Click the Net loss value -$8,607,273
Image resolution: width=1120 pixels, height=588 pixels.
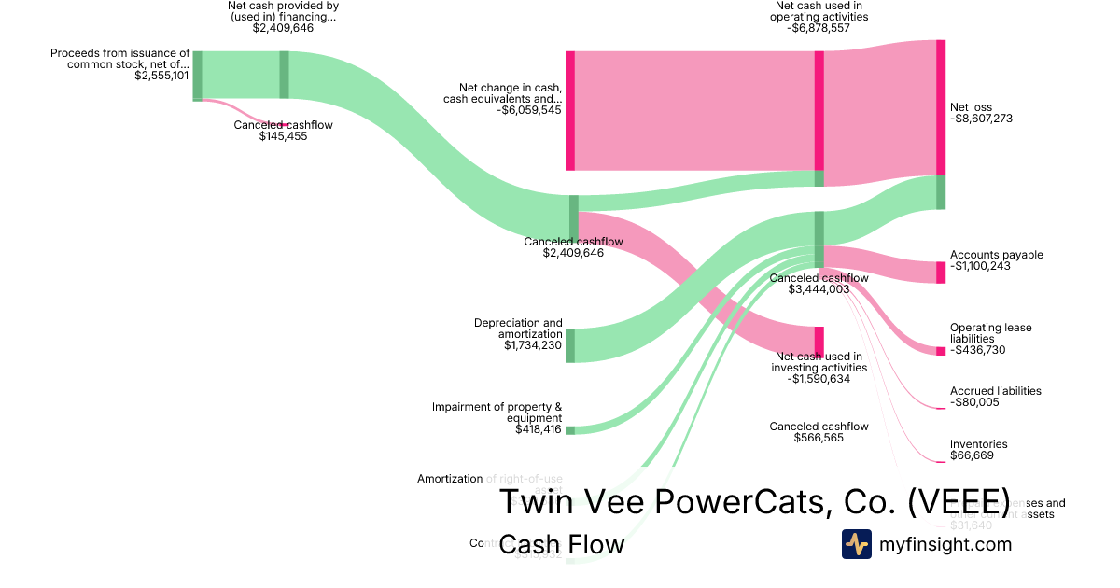pyautogui.click(x=981, y=119)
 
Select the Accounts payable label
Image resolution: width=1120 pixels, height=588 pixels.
pyautogui.click(x=996, y=255)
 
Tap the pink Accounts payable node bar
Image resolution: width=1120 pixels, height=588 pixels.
pyautogui.click(x=941, y=273)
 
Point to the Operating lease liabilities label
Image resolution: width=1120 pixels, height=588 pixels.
pyautogui.click(x=990, y=333)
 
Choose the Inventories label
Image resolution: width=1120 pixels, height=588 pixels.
pyautogui.click(x=978, y=444)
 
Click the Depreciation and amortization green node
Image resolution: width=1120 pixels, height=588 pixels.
pyautogui.click(x=570, y=345)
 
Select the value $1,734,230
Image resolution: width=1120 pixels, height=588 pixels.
pyautogui.click(x=533, y=345)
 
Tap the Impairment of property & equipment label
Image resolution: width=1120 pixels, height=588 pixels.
pyautogui.click(x=497, y=413)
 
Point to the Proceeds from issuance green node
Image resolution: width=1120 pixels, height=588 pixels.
pyautogui.click(x=197, y=76)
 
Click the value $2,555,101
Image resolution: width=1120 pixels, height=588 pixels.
pyautogui.click(x=161, y=76)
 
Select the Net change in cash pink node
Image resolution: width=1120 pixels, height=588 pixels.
pyautogui.click(x=570, y=110)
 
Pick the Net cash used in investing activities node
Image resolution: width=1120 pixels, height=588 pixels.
pyautogui.click(x=819, y=341)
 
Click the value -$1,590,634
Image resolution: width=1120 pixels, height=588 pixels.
pyautogui.click(x=819, y=379)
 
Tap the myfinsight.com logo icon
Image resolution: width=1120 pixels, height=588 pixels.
pyautogui.click(x=856, y=544)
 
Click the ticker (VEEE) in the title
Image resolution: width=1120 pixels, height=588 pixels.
pyautogui.click(x=958, y=501)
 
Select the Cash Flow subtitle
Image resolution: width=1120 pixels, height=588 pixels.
pyautogui.click(x=561, y=544)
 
